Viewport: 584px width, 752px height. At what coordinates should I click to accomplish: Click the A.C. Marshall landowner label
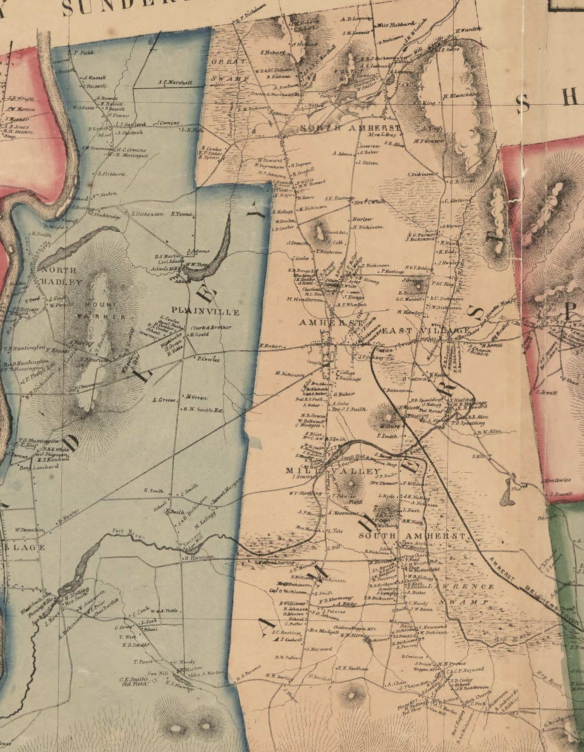pyautogui.click(x=175, y=82)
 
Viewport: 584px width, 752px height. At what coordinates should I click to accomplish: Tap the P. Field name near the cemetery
pyautogui.click(x=84, y=52)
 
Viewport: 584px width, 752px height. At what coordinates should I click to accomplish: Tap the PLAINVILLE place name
pyautogui.click(x=206, y=312)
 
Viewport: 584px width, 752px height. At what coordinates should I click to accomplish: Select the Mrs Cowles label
pyautogui.click(x=557, y=480)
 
